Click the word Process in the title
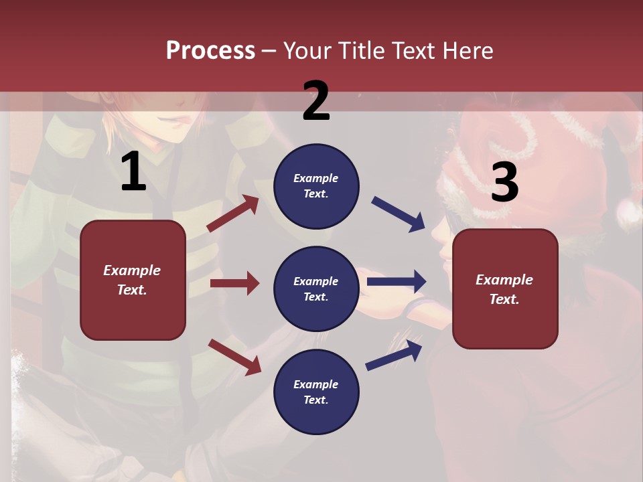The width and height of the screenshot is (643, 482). click(210, 50)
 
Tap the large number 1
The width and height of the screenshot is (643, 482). click(133, 172)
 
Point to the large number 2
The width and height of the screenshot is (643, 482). click(316, 101)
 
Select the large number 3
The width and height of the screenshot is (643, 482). click(504, 182)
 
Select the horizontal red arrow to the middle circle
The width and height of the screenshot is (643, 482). click(234, 283)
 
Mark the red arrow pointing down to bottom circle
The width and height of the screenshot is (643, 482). click(234, 357)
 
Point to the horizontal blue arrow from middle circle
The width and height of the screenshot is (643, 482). click(397, 282)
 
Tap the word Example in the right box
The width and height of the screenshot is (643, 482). click(504, 280)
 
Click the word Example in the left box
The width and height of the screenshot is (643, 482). click(132, 270)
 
